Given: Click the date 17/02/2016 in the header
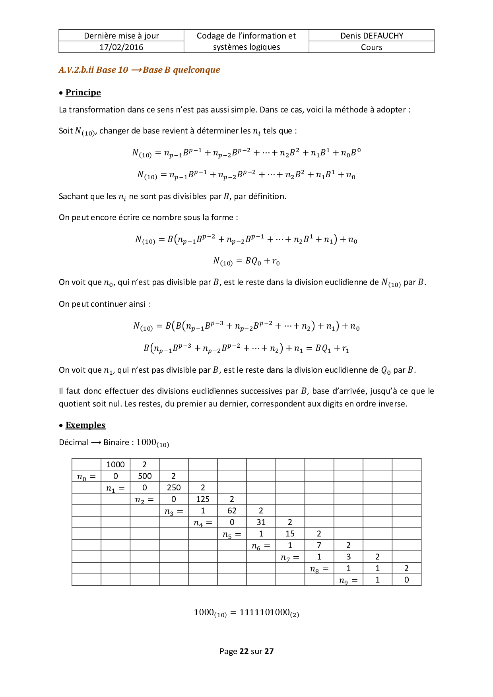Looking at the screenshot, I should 121,47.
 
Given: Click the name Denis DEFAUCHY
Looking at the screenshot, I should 371,35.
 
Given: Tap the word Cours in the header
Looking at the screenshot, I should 371,47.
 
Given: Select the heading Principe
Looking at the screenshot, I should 83,92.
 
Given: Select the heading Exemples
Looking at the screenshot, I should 85,425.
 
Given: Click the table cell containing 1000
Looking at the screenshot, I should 115,464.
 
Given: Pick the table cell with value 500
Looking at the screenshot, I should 144,476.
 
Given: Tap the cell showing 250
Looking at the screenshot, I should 174,487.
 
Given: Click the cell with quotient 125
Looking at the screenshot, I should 203,499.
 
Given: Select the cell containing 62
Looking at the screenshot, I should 232,510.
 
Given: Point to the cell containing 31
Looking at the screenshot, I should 261,522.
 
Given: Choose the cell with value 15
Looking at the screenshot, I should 290,533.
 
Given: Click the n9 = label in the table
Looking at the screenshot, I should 348,580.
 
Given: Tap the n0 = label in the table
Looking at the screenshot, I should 86,476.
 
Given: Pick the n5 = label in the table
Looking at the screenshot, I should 232,534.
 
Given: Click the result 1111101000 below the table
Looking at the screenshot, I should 264,612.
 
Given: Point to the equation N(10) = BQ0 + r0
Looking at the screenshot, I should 246,261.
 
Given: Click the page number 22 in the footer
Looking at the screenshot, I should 244,651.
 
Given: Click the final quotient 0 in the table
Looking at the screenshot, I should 406,579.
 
